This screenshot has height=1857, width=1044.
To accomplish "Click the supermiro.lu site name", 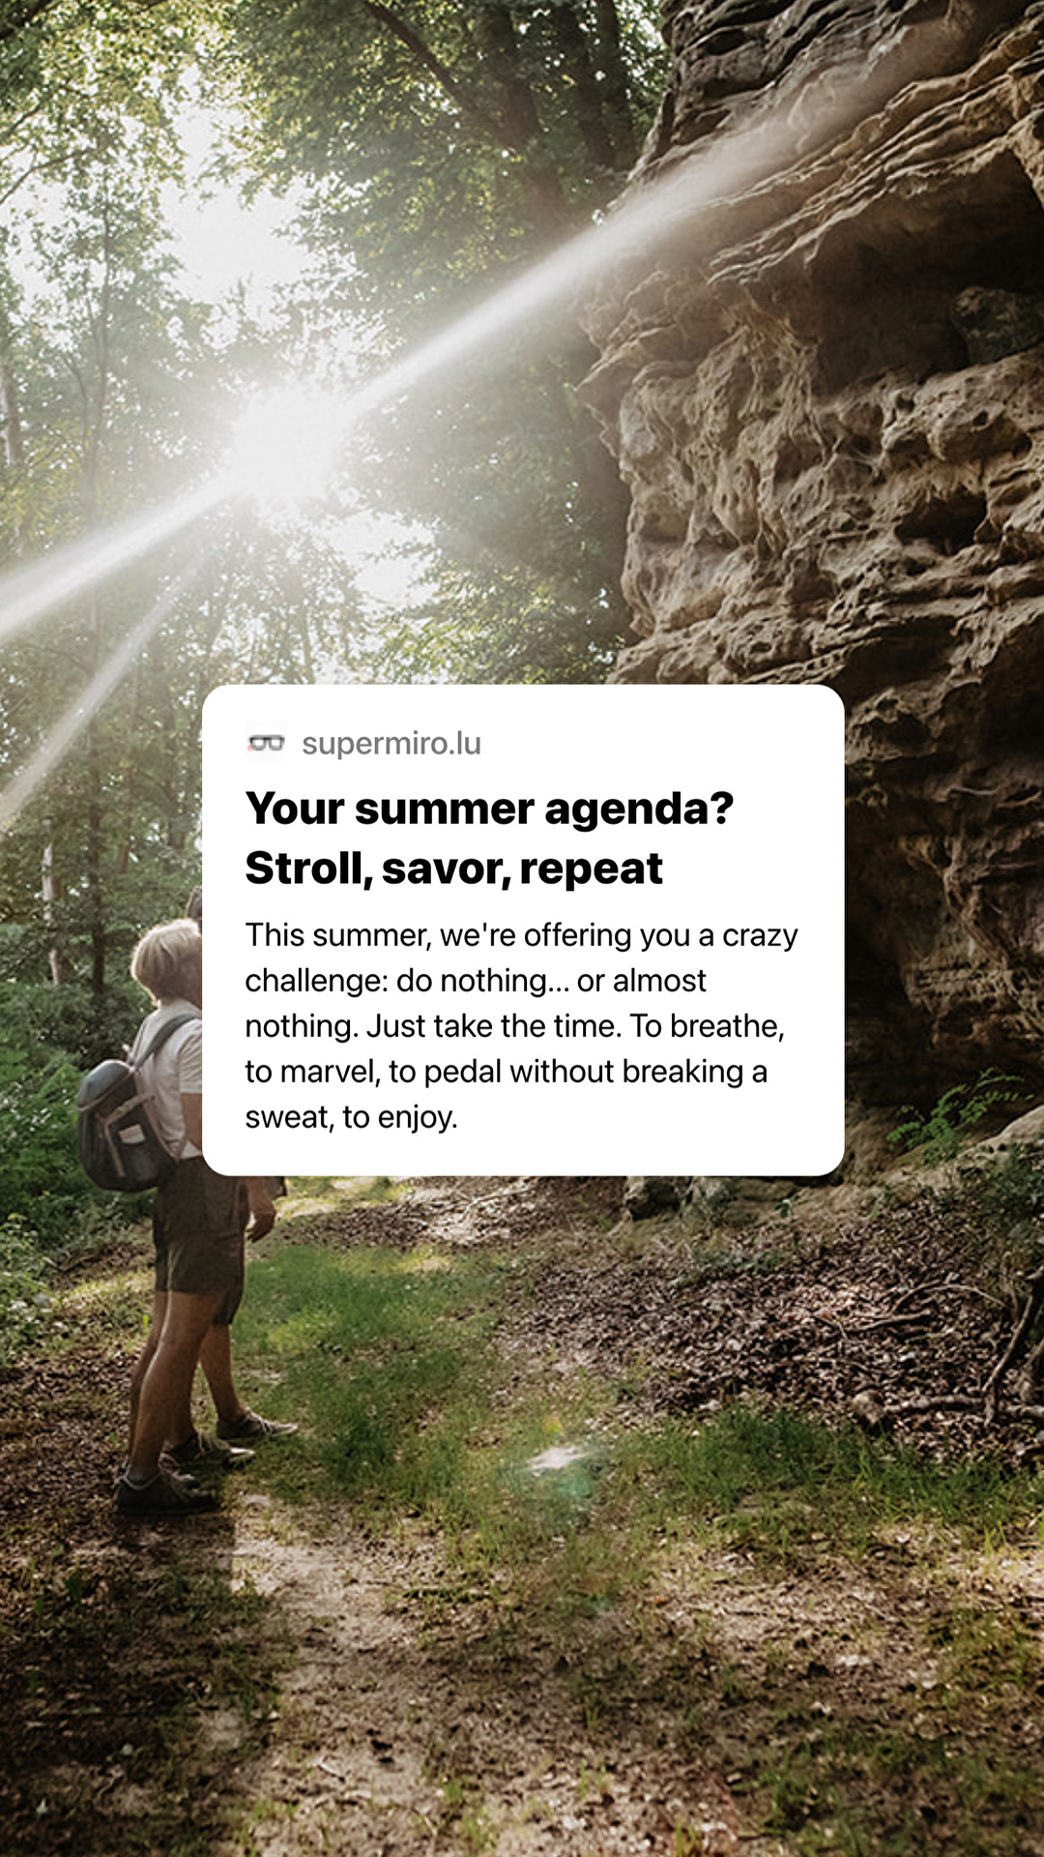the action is tap(391, 743).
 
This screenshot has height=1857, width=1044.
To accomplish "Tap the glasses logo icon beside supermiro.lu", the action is tap(266, 743).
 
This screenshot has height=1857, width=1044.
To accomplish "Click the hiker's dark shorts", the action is tap(201, 1238).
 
